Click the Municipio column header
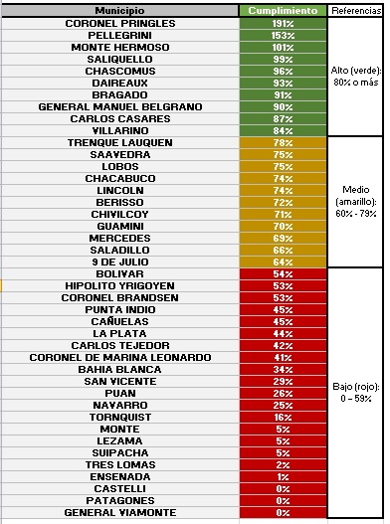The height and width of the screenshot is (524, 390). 119,11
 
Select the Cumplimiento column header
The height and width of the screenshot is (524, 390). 283,11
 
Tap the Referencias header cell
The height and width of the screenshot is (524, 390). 356,11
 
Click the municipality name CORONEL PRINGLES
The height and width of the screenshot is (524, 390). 120,24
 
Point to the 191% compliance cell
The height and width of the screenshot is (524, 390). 283,24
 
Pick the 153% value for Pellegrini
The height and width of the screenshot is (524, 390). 283,36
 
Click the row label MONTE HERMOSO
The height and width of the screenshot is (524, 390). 120,47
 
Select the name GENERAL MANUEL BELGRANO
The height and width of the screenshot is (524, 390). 120,107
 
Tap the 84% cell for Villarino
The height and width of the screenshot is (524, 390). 283,130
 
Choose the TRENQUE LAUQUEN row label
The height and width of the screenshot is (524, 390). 120,143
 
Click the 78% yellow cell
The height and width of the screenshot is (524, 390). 283,143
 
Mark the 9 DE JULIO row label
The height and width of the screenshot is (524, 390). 120,262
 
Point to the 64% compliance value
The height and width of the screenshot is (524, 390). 283,262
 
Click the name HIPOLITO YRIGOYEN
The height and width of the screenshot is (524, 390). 119,286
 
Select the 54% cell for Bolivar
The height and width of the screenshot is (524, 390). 283,274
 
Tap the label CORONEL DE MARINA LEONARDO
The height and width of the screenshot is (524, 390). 120,358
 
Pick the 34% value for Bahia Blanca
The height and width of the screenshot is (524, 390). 283,370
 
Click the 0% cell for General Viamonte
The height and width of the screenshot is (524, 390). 283,513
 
